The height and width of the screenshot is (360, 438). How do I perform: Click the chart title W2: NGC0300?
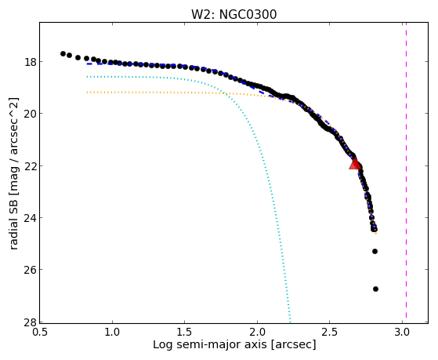233,15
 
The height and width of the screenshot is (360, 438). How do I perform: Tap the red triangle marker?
355,164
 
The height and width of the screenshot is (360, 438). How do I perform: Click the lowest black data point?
375,289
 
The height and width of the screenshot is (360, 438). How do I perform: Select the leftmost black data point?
63,53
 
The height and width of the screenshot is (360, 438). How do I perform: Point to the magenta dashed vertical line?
406,170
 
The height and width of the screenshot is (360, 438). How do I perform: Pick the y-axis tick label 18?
30,61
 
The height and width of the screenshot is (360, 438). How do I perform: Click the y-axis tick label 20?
30,114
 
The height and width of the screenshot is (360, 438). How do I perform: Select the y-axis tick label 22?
30,165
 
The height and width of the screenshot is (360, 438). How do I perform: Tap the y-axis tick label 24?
30,217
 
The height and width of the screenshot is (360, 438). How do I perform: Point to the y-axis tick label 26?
30,270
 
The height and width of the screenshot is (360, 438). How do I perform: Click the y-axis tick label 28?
30,322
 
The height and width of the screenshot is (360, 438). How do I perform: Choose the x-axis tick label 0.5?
40,333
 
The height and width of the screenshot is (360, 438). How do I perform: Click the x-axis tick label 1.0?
112,333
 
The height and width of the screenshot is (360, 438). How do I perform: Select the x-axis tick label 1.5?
185,333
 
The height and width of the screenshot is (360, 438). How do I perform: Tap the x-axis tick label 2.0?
257,333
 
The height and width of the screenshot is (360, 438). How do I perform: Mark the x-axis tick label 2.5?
330,333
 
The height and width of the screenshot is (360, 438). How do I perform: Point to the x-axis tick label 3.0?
402,333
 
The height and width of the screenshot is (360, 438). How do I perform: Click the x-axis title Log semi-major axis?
210,345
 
